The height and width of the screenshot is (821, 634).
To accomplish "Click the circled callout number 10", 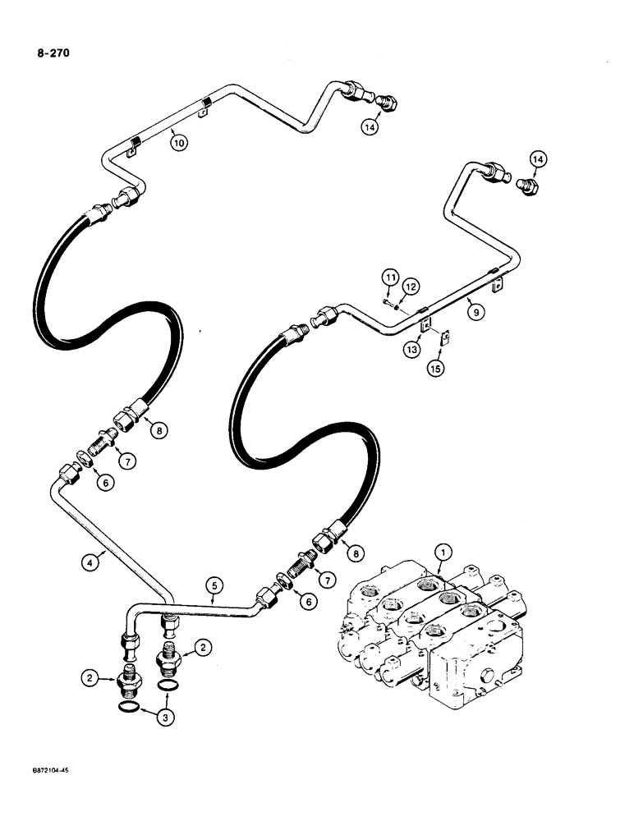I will point(179,142).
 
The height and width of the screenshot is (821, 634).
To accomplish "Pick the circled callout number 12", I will point(411,286).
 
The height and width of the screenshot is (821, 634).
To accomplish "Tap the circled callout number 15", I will point(436,368).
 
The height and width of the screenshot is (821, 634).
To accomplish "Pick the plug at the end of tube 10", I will point(385,104).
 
